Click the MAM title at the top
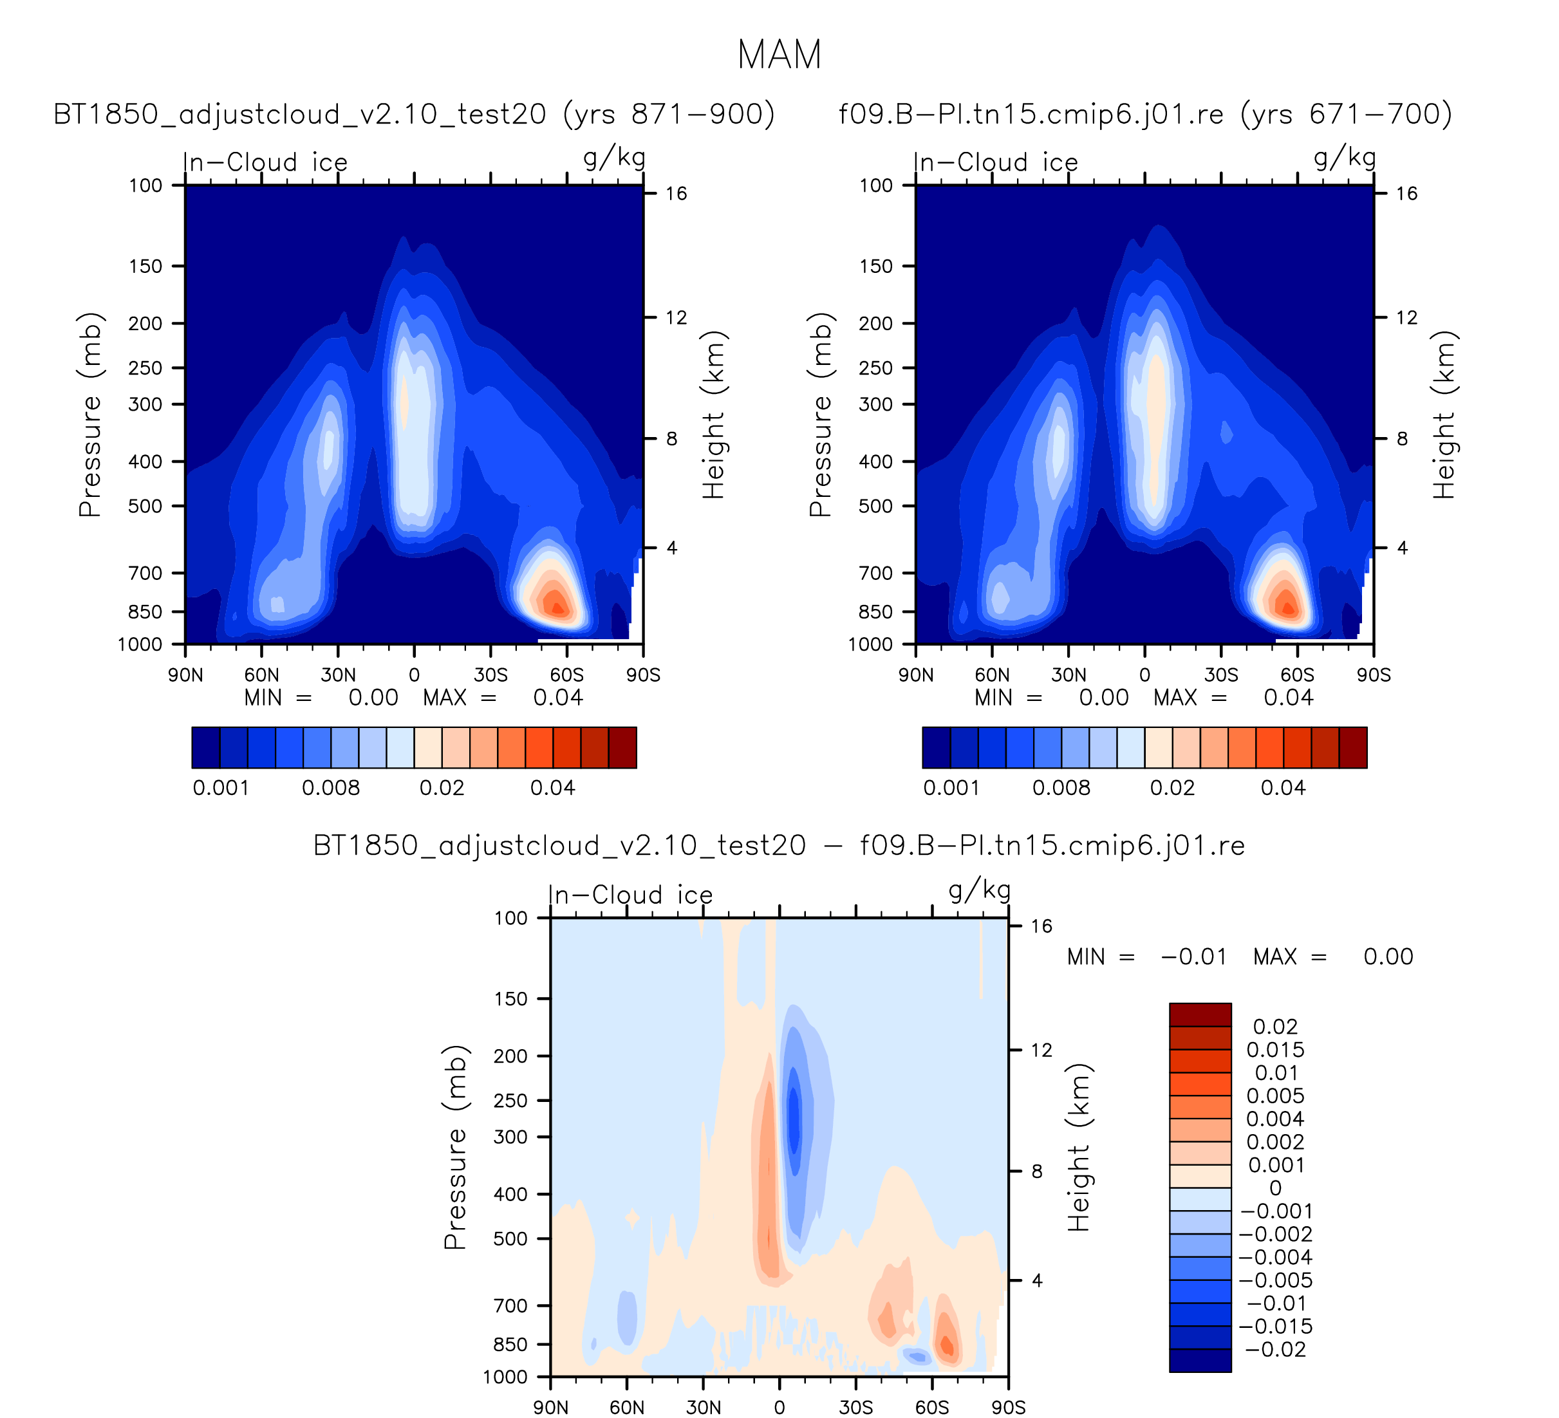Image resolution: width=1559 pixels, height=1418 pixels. pyautogui.click(x=779, y=55)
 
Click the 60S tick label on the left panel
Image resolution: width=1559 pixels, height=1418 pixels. pyautogui.click(x=567, y=675)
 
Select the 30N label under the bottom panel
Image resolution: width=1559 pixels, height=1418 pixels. pyautogui.click(x=703, y=1407)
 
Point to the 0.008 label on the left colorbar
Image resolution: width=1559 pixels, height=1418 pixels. pyautogui.click(x=331, y=788)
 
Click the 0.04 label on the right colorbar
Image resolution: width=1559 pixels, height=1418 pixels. pyautogui.click(x=1283, y=788)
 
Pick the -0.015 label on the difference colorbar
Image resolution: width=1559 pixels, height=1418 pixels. pyautogui.click(x=1276, y=1327)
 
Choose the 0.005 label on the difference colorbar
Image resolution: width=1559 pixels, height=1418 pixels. pyautogui.click(x=1275, y=1096)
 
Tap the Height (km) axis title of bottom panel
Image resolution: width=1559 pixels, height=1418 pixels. pyautogui.click(x=1079, y=1148)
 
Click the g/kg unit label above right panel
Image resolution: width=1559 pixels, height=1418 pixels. pyautogui.click(x=1345, y=158)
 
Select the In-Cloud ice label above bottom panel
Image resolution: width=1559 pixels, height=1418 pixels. pyautogui.click(x=630, y=895)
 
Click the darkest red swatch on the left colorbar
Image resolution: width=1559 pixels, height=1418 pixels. pyautogui.click(x=622, y=748)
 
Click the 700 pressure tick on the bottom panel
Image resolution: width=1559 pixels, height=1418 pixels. pyautogui.click(x=510, y=1305)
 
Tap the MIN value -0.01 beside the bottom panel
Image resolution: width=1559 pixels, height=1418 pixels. pyautogui.click(x=1193, y=957)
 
